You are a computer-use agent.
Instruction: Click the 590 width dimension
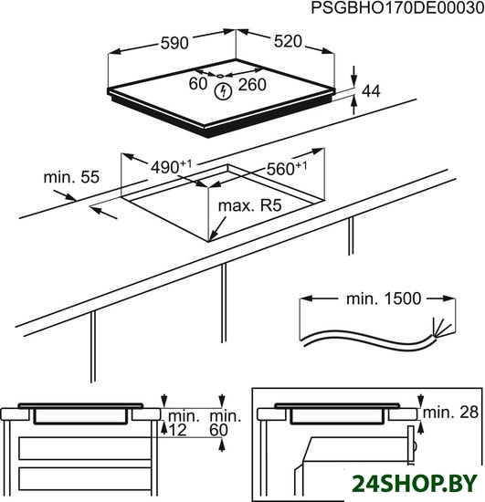[174, 43]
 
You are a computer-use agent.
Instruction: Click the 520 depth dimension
[288, 42]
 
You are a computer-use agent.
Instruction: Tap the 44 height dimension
[371, 91]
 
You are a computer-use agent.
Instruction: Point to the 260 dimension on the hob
[252, 85]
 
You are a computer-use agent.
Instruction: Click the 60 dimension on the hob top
[198, 84]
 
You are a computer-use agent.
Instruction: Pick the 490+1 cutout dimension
[171, 166]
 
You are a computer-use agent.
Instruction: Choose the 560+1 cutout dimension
[287, 168]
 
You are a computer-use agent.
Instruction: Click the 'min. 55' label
[71, 177]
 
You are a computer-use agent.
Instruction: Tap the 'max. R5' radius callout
[249, 206]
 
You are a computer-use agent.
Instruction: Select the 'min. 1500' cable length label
[384, 298]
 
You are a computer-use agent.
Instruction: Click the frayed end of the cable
[441, 329]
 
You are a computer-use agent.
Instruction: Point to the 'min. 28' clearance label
[450, 413]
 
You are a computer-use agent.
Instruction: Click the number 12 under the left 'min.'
[177, 430]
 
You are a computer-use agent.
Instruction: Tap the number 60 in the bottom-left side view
[219, 430]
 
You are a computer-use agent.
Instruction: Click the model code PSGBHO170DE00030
[397, 8]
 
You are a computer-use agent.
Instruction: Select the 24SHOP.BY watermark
[415, 483]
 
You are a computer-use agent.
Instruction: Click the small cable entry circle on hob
[220, 76]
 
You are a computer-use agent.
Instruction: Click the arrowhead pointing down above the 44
[354, 80]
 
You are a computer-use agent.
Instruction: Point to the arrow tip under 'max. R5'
[210, 240]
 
